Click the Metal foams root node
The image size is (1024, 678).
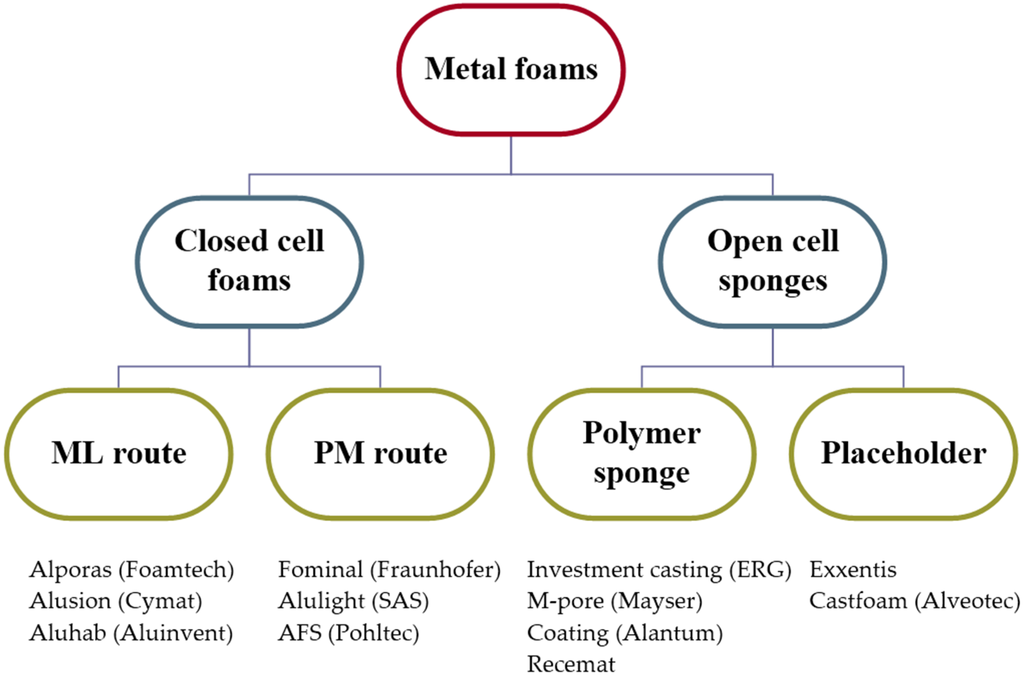tap(511, 69)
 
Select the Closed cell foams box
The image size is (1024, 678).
tap(249, 260)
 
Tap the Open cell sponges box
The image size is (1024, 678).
tap(772, 260)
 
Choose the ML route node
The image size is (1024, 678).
tap(118, 453)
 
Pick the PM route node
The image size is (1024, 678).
tap(380, 453)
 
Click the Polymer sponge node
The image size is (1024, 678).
tap(641, 453)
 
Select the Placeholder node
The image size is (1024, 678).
tap(903, 453)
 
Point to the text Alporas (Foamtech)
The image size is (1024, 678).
tap(131, 571)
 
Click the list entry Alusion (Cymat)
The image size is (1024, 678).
tap(116, 602)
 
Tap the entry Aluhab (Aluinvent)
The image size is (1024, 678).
tap(130, 633)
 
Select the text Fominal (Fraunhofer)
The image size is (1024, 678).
tap(388, 571)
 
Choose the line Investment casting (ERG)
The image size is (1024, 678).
tap(659, 571)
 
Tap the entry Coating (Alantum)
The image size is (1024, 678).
tap(625, 633)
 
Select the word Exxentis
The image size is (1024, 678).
tap(853, 571)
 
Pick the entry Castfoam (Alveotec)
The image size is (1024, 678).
tap(914, 602)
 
